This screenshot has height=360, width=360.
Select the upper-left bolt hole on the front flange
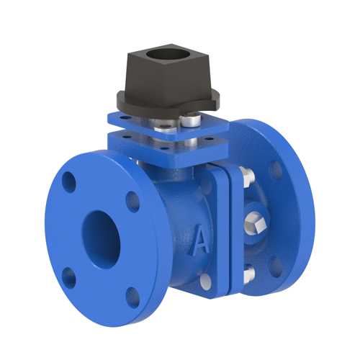[69, 181]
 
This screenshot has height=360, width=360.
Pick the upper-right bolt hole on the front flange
[133, 201]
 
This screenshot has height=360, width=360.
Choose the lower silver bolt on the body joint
[247, 274]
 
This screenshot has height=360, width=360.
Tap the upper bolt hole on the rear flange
[275, 170]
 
